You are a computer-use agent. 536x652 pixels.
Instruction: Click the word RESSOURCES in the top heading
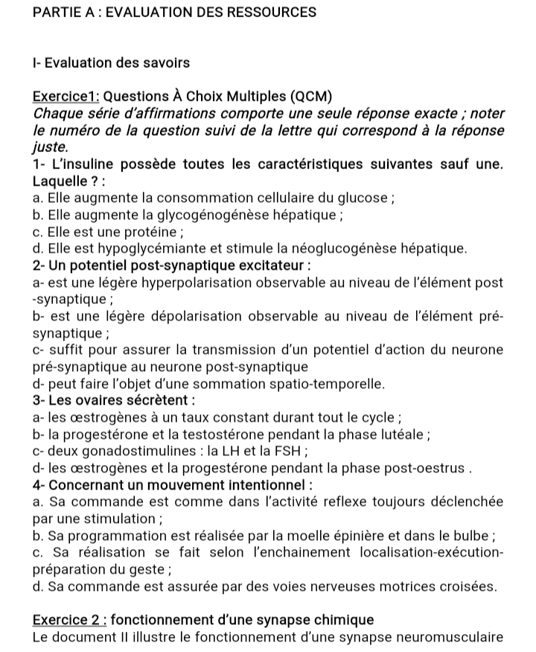262,13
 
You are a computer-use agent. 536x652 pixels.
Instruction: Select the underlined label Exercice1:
66,97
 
